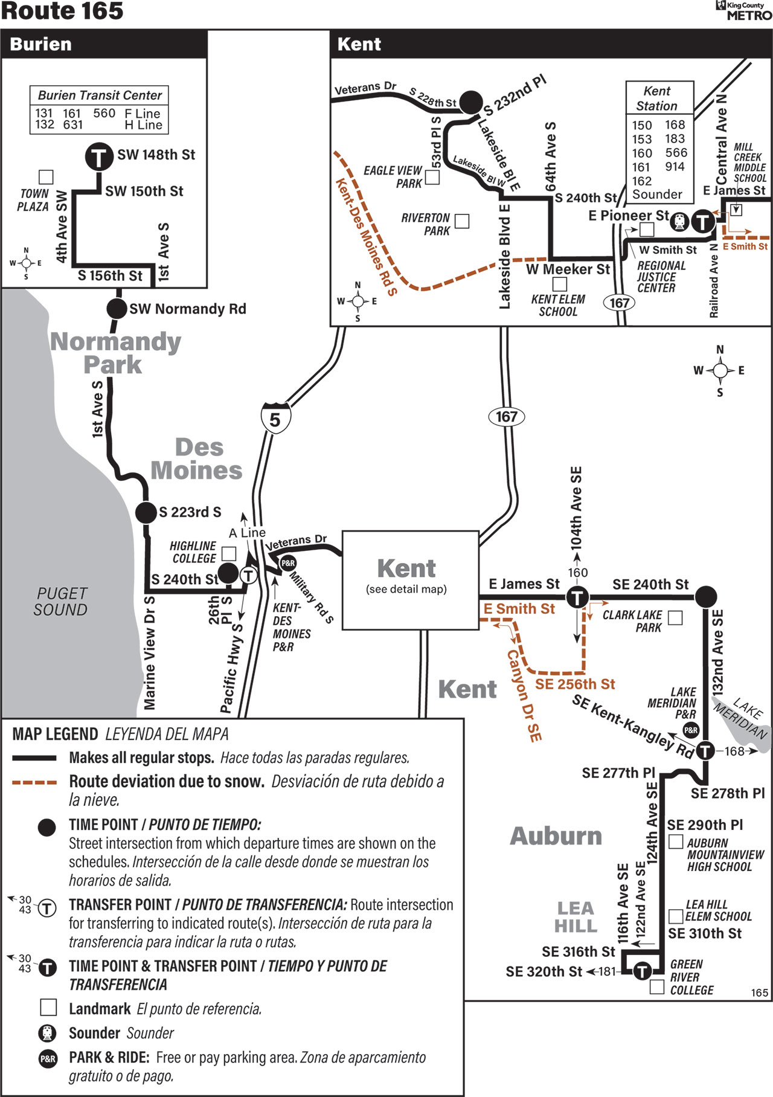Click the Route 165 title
[62, 11]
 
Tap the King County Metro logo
[743, 10]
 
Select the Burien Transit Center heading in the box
[100, 95]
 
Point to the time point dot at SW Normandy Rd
[117, 309]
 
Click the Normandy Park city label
[115, 353]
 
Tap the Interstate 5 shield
[275, 417]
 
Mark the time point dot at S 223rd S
[146, 512]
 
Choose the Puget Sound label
[60, 602]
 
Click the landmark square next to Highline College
[229, 553]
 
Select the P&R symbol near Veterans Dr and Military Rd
[288, 563]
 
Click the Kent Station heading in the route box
[657, 98]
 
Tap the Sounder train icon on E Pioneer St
[679, 221]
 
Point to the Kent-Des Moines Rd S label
[366, 237]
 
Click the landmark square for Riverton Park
[462, 221]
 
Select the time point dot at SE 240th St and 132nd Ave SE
[705, 596]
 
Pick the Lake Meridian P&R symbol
[691, 730]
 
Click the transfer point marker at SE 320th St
[642, 971]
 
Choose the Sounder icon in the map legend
[47, 1034]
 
